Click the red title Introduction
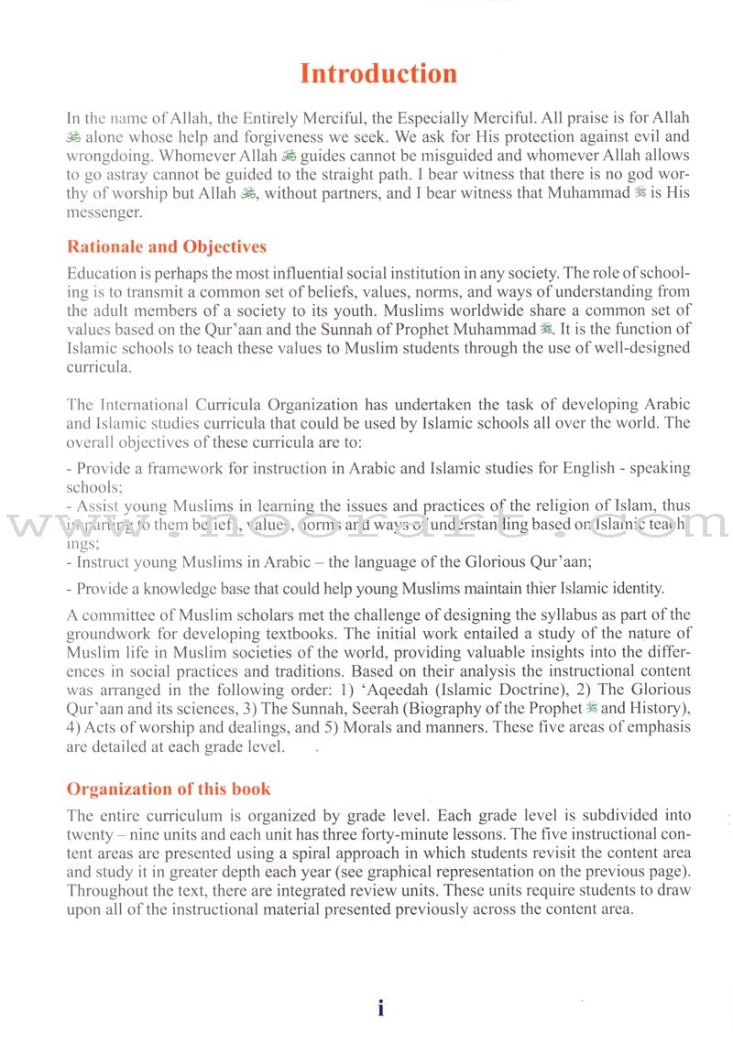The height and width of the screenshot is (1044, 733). [378, 73]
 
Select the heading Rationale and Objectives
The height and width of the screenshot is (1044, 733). [167, 246]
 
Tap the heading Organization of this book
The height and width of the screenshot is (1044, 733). [169, 788]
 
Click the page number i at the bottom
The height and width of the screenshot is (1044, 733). [381, 1008]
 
